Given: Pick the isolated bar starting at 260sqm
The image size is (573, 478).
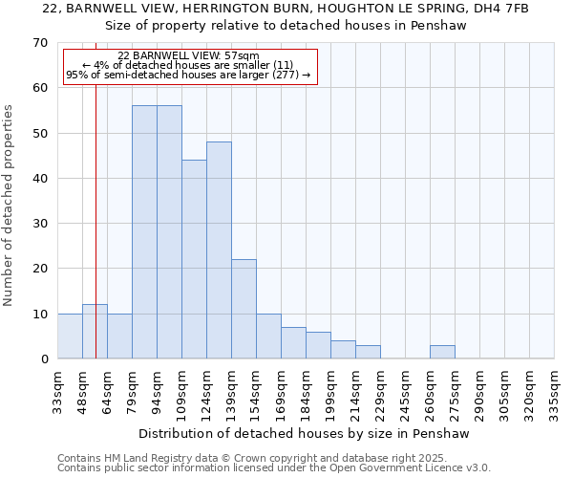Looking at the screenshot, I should (442, 352).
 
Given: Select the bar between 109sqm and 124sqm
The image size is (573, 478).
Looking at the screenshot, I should (194, 259).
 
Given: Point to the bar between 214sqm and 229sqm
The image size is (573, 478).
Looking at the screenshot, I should (368, 352).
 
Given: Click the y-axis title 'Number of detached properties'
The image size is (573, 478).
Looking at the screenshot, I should (10, 206).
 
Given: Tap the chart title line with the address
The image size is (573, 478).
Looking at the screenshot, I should (286, 9).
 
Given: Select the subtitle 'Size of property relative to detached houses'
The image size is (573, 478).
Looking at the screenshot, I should (286, 26).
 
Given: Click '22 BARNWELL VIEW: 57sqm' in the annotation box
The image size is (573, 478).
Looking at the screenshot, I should (189, 56).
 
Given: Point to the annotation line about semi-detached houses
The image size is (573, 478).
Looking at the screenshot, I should (188, 75).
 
